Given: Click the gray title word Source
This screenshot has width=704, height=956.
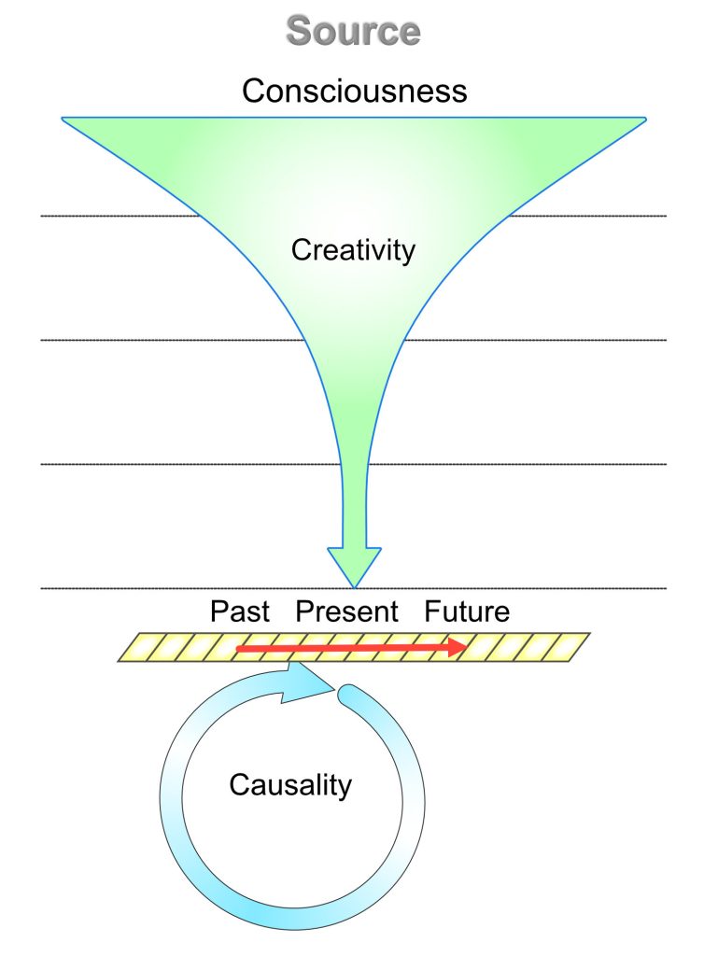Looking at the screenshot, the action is pyautogui.click(x=354, y=31).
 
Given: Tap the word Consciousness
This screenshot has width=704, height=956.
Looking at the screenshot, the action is pyautogui.click(x=354, y=91).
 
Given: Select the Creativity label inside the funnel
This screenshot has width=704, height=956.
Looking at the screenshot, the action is pyautogui.click(x=353, y=250).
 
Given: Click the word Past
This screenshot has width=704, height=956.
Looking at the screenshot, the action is pyautogui.click(x=240, y=611).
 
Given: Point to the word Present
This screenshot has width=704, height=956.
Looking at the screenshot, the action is pyautogui.click(x=346, y=611).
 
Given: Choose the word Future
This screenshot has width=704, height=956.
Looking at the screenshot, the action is pyautogui.click(x=467, y=611).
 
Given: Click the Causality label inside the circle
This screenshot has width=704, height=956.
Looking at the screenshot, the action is pyautogui.click(x=290, y=784).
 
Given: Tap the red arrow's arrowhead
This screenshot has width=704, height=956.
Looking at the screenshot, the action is pyautogui.click(x=458, y=648).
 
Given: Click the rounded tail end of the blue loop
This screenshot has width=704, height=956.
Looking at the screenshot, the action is pyautogui.click(x=347, y=695).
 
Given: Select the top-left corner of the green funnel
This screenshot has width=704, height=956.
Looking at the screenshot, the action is pyautogui.click(x=63, y=119).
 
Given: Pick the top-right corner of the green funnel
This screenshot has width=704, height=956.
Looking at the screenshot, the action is pyautogui.click(x=645, y=119).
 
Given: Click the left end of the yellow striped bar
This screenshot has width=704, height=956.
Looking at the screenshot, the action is pyautogui.click(x=119, y=661).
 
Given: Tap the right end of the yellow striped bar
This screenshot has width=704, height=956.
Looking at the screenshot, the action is pyautogui.click(x=589, y=634).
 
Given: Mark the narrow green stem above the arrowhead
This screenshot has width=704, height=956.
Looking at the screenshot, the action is pyautogui.click(x=355, y=506).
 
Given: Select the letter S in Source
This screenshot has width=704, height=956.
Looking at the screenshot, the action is pyautogui.click(x=298, y=31).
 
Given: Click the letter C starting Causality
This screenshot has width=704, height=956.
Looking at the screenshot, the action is pyautogui.click(x=240, y=784).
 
